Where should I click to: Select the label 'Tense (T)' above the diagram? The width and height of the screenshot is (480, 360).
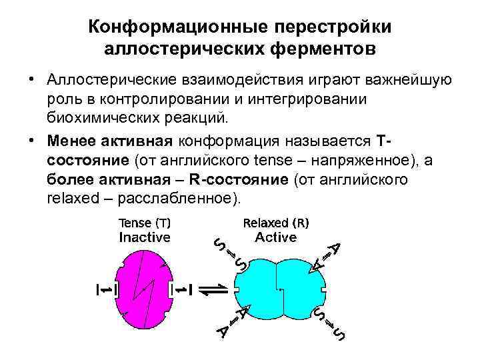tap(144, 223)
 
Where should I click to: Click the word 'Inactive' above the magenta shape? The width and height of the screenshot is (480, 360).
tap(145, 237)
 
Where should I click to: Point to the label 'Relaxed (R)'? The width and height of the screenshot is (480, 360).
tap(276, 223)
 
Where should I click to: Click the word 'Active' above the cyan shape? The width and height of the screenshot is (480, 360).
tap(276, 237)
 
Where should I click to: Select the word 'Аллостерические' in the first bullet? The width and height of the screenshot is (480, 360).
tap(104, 81)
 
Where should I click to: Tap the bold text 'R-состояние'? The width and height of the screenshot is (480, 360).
tap(239, 180)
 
